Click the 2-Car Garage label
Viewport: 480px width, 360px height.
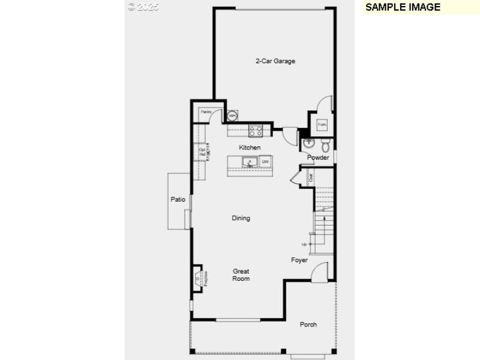[x=275, y=61]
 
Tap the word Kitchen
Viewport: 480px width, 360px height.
[x=250, y=148]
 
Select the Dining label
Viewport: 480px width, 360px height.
[x=241, y=218]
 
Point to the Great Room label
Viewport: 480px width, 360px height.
[x=241, y=275]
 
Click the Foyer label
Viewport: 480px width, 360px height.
[x=299, y=260]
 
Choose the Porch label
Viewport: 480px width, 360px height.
[x=308, y=325]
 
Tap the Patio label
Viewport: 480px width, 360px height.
[x=178, y=199]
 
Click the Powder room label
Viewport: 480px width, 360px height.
[x=318, y=157]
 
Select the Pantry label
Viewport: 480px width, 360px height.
[x=206, y=112]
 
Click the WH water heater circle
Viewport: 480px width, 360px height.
[x=232, y=115]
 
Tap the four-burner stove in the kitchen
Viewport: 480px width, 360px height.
[x=256, y=130]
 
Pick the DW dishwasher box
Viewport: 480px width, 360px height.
[x=265, y=162]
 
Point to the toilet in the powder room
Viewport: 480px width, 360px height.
[x=325, y=145]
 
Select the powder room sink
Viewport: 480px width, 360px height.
[x=308, y=143]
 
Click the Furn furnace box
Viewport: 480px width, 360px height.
[x=322, y=124]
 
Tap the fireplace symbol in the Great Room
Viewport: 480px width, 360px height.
[x=199, y=277]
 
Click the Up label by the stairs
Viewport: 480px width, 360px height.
[x=304, y=244]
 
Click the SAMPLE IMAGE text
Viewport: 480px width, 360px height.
[x=403, y=7]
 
